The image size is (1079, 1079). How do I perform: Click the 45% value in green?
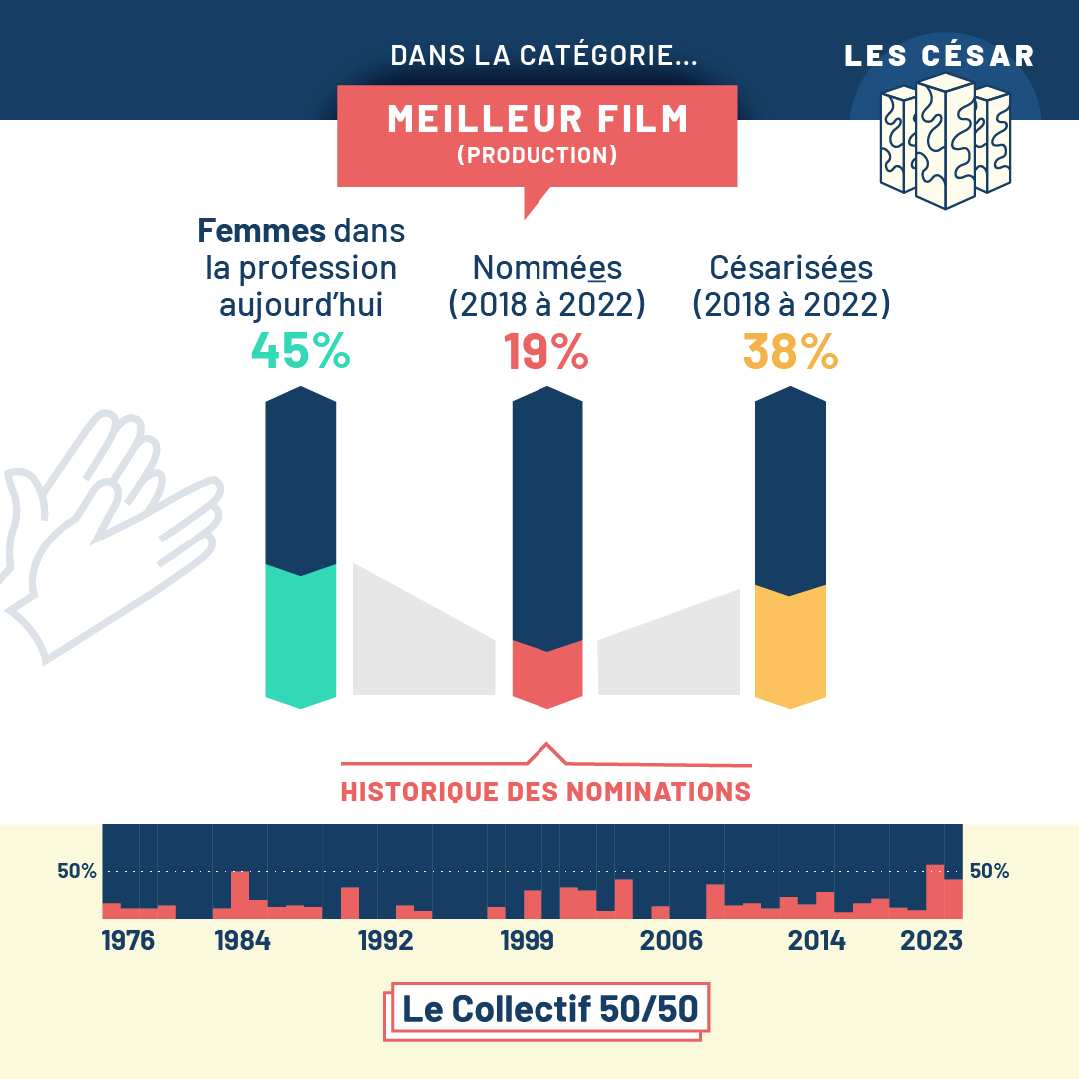[x=300, y=351]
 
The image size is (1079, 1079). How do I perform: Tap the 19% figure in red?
[x=545, y=351]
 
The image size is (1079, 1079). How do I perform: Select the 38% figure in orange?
[x=790, y=351]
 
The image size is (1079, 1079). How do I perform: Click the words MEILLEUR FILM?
[x=538, y=120]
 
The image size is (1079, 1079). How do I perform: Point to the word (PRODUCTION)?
[x=538, y=156]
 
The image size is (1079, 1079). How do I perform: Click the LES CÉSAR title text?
[x=939, y=56]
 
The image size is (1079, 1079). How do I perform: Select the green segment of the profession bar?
[x=300, y=634]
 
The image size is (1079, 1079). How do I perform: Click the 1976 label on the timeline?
[x=129, y=941]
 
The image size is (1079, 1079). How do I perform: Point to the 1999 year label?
[x=527, y=941]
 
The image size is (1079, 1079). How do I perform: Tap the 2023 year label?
[x=930, y=941]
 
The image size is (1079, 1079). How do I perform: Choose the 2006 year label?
[x=671, y=941]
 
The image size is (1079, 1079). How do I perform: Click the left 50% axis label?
[x=77, y=871]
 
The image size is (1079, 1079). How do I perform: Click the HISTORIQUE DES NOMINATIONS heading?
[x=545, y=792]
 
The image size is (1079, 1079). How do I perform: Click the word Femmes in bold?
[x=262, y=232]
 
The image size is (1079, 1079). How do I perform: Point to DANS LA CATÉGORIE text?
[x=543, y=56]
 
